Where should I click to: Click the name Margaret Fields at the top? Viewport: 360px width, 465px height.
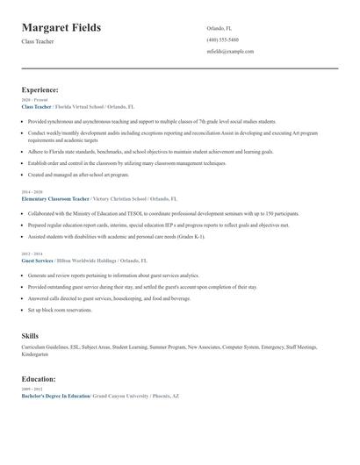tap(61, 28)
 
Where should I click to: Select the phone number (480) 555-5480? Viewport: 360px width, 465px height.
tap(222, 39)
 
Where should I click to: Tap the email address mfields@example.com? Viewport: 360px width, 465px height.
tap(230, 52)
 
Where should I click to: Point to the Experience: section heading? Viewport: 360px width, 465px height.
tap(40, 89)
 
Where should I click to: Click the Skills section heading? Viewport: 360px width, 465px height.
tap(30, 336)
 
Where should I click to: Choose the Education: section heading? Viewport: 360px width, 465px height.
tap(39, 379)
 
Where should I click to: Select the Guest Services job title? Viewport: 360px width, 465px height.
tap(37, 261)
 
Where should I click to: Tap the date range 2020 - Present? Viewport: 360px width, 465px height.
tap(31, 100)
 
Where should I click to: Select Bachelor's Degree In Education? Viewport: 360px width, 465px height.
tap(56, 396)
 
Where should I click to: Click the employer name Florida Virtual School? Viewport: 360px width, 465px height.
tap(82, 107)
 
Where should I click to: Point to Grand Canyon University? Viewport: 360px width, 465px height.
tap(127, 396)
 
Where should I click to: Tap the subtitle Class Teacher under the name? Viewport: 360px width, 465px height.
tap(38, 41)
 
